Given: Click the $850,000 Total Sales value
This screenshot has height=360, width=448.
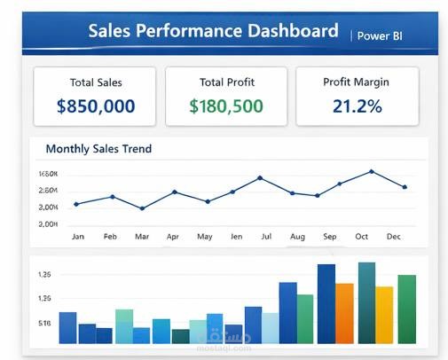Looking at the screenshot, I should (96, 107).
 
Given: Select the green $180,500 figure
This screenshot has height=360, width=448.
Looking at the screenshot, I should (226, 107).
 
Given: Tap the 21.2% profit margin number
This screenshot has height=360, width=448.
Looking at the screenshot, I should (357, 107).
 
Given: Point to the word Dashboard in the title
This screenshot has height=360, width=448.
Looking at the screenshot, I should (279, 31).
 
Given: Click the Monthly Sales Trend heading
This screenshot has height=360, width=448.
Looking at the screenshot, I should (98, 149).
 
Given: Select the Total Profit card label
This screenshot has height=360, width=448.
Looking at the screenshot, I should (226, 82).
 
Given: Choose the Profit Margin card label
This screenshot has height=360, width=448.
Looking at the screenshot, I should (357, 82).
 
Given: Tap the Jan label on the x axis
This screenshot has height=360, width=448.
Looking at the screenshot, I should (78, 237).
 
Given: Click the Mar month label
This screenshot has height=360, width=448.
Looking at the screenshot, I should (142, 237).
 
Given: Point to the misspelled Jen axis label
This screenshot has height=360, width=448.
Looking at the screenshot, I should (236, 237).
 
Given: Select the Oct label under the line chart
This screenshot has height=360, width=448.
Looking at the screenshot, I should (361, 237).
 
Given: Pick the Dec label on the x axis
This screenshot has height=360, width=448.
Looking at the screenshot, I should (394, 237).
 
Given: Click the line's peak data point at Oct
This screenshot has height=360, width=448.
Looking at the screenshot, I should (372, 171).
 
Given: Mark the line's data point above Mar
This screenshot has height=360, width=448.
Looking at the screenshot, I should (142, 208).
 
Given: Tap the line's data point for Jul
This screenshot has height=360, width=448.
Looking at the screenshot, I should (260, 177).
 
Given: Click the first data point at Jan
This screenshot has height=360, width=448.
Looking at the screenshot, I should (76, 204).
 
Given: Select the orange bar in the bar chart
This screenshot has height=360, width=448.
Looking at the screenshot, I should (344, 313).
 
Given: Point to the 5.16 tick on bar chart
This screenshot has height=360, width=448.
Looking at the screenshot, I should (44, 324).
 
